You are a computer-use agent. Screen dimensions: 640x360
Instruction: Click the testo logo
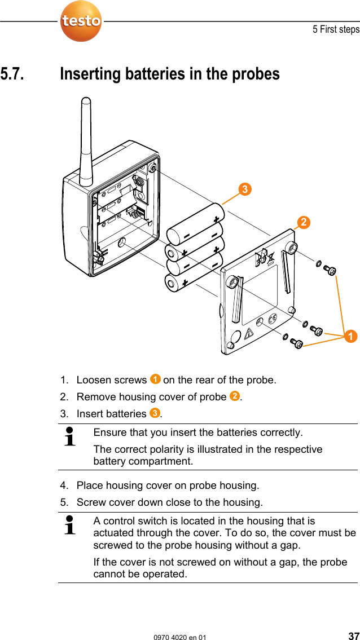tap(81, 21)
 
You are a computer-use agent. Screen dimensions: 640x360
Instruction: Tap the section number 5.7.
tap(12, 74)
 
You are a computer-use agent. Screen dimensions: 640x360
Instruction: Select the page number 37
tap(353, 636)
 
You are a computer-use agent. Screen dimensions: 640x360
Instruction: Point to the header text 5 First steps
tap(336, 29)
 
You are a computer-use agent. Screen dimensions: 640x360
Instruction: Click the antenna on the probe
tap(86, 141)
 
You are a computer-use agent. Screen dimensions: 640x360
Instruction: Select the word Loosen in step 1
tap(94, 380)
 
